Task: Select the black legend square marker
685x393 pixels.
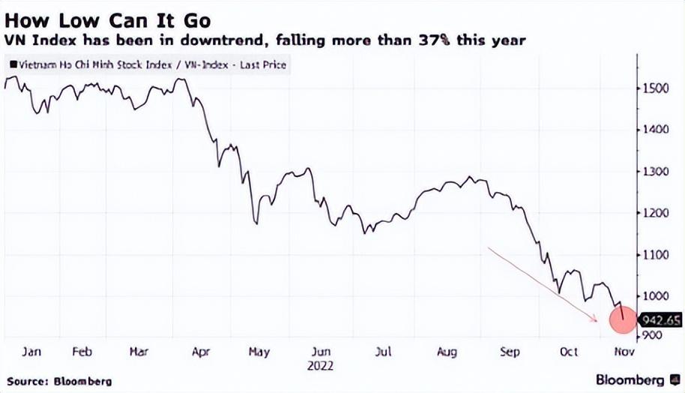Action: tap(13, 65)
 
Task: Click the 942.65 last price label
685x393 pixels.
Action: tap(660, 320)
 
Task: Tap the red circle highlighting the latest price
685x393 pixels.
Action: tap(622, 319)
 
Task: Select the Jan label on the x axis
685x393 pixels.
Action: tap(31, 351)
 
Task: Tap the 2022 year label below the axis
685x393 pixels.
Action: tap(322, 366)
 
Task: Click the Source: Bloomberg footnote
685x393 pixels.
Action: tap(59, 381)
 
